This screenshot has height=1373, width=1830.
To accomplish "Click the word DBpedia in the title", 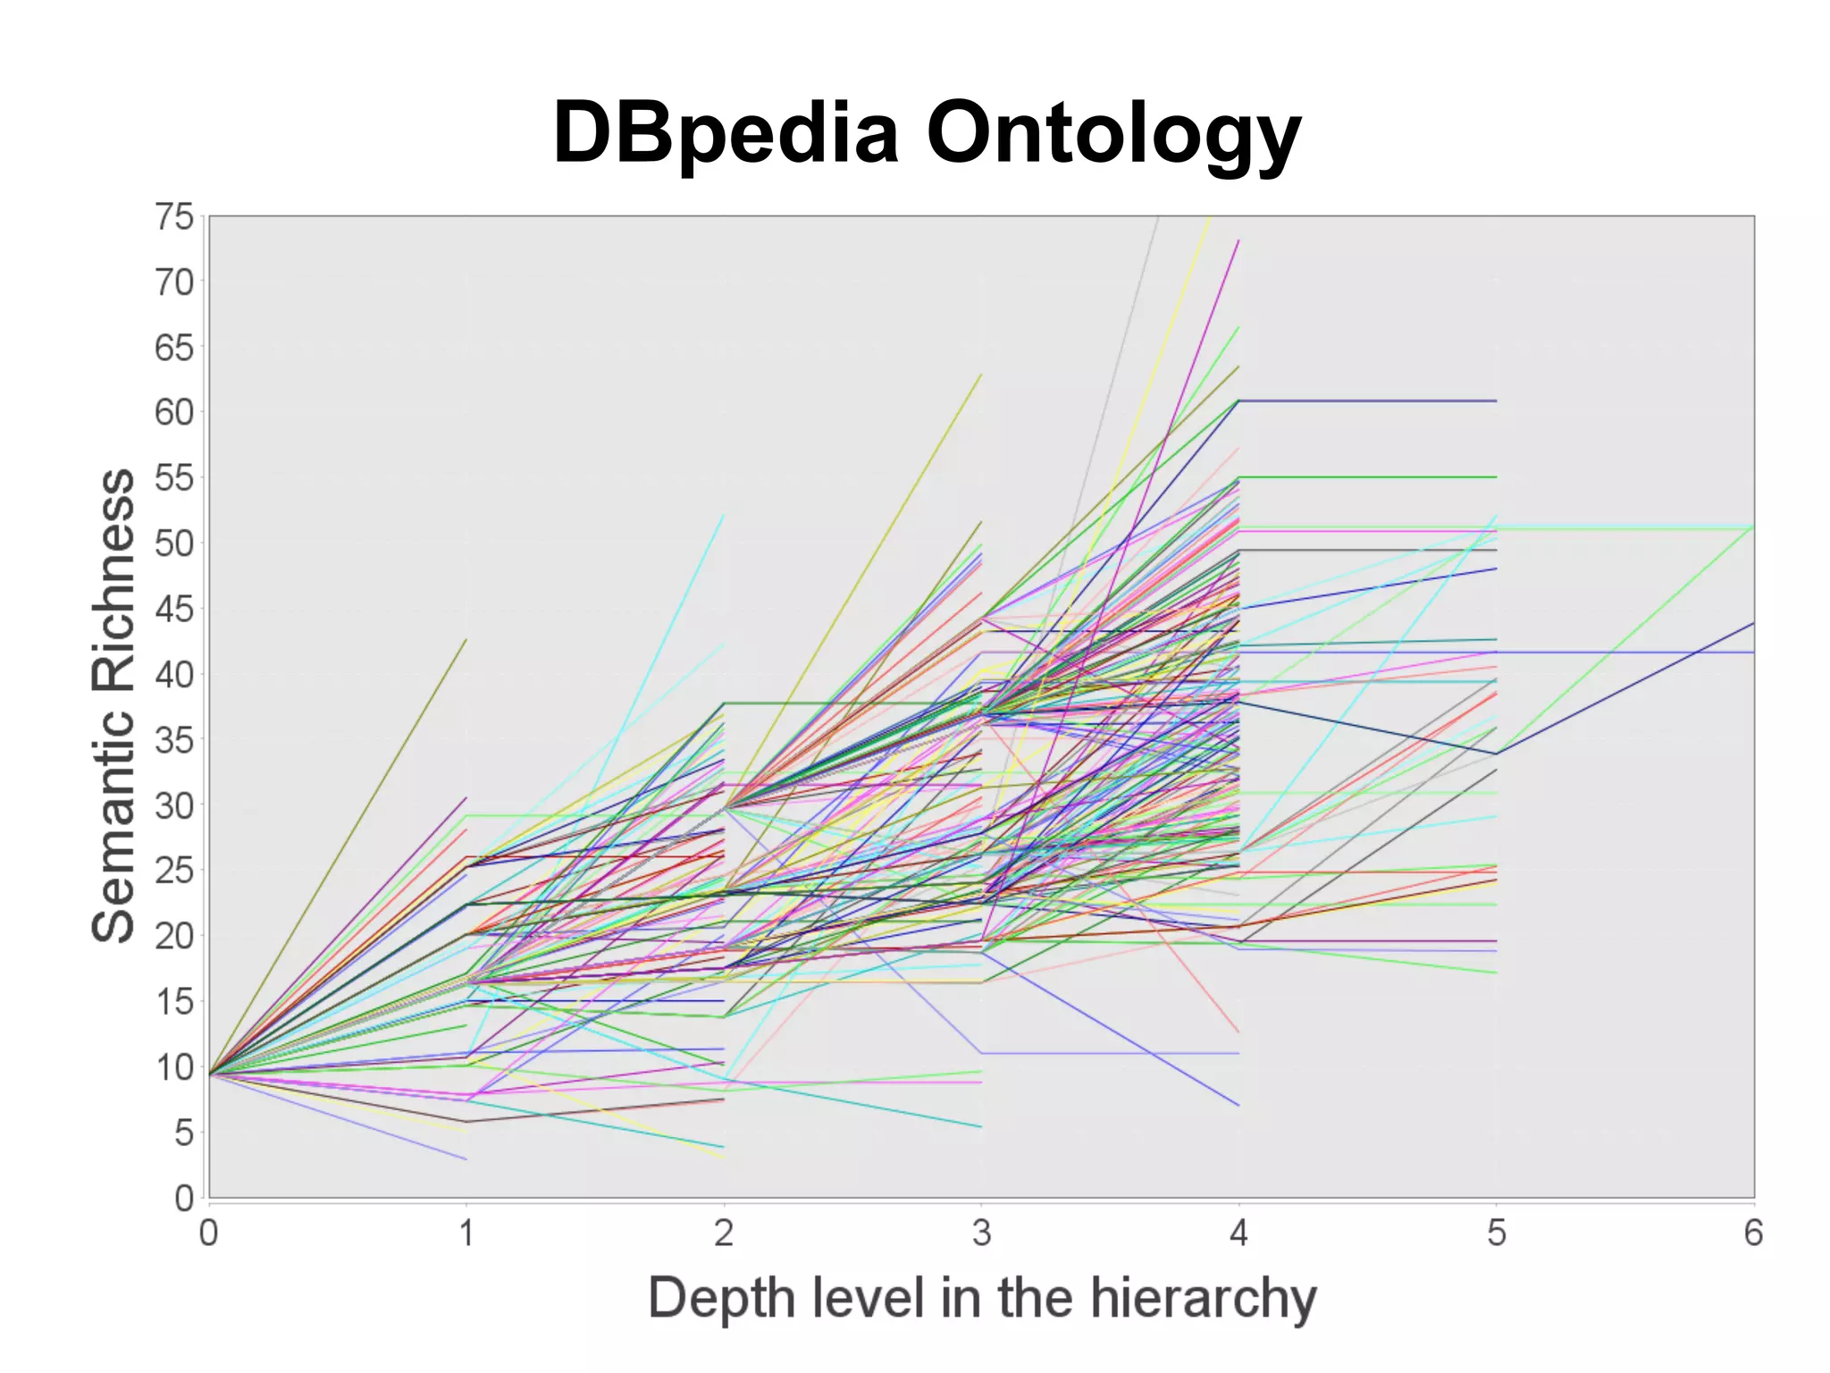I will tap(725, 132).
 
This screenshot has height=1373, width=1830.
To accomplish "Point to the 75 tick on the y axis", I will tap(174, 217).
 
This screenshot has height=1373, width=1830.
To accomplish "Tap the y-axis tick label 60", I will tap(174, 413).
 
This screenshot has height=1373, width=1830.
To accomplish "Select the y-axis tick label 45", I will tap(174, 610).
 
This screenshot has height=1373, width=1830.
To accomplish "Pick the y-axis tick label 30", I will tap(174, 805).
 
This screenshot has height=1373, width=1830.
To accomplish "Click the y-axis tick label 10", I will tap(174, 1067).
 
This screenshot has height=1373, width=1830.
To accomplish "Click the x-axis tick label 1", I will tap(466, 1234).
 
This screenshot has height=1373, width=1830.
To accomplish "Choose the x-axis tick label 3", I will tap(981, 1234).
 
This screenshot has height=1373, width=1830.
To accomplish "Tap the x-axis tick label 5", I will tap(1496, 1234).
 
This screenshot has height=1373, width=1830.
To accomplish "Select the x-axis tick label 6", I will tap(1753, 1234).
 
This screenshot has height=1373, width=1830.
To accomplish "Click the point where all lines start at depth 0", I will tap(210, 1074).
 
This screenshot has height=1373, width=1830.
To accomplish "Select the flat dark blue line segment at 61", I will tap(1367, 400).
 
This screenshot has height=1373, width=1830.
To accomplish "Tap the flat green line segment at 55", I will tap(1367, 477).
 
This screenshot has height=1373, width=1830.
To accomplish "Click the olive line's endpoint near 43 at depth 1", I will tap(466, 640).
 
